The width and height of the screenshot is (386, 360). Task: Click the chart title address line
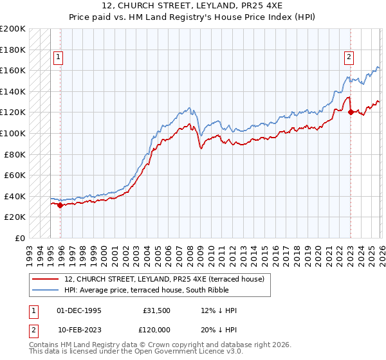193,6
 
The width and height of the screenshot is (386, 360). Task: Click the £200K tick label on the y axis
14,29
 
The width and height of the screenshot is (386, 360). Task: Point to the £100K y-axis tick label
14,133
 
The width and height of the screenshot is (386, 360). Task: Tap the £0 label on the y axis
20,238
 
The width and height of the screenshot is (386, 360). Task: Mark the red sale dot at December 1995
60,205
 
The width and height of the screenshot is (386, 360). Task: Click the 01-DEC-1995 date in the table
78,310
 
